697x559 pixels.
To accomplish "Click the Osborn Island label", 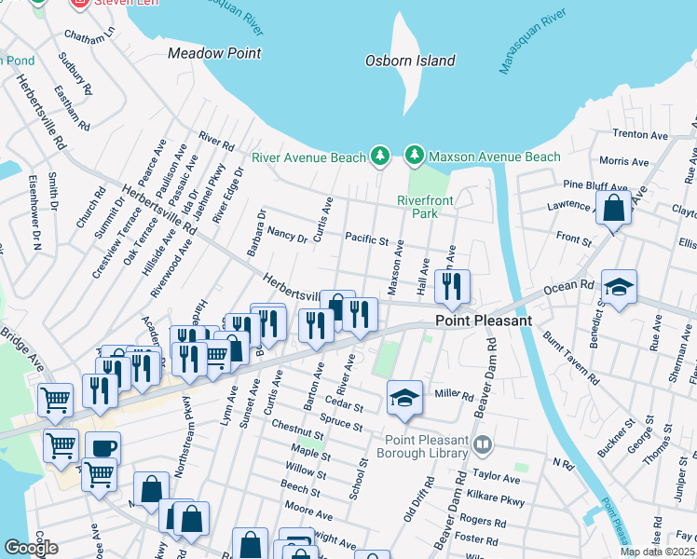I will pyautogui.click(x=409, y=61).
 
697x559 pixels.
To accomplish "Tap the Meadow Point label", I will pyautogui.click(x=214, y=53).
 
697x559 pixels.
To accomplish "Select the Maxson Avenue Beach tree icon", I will pyautogui.click(x=414, y=155).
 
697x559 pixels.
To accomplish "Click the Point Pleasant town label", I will pyautogui.click(x=485, y=320).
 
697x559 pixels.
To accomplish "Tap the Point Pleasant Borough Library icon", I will pyautogui.click(x=481, y=444).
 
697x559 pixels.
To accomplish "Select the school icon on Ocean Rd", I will pyautogui.click(x=619, y=288).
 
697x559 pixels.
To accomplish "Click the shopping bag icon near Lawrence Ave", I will pyautogui.click(x=614, y=209).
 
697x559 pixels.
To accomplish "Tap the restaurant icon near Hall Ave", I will pyautogui.click(x=453, y=287).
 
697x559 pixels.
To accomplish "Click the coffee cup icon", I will pyautogui.click(x=103, y=448).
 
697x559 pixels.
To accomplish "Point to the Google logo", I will pyautogui.click(x=31, y=548).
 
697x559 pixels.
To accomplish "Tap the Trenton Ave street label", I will pyautogui.click(x=641, y=135).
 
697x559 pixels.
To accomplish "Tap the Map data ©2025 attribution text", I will pyautogui.click(x=657, y=552).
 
